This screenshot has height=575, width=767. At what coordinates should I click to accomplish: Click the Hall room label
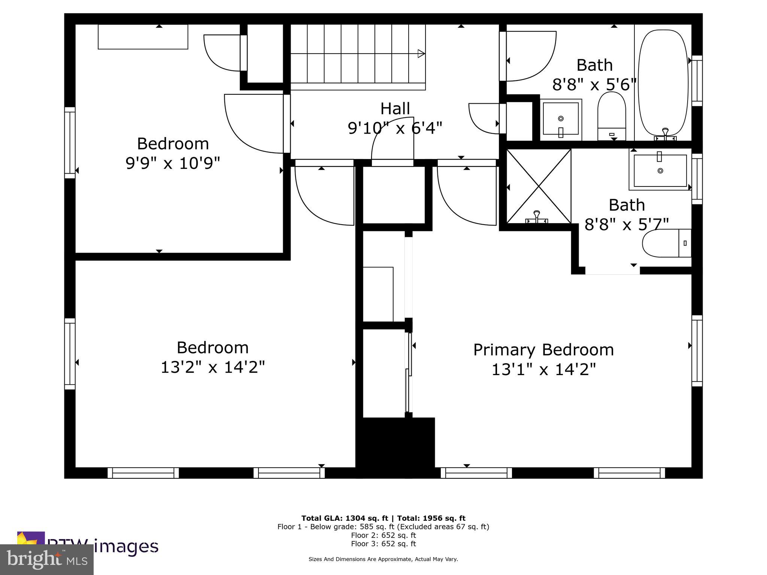(395, 109)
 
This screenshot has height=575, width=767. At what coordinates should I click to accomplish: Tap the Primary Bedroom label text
(543, 350)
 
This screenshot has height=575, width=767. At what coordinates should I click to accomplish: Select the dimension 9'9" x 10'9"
(173, 163)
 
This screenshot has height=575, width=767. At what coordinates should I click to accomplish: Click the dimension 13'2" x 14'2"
(213, 367)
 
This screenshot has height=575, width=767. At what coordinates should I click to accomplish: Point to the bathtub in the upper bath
(663, 82)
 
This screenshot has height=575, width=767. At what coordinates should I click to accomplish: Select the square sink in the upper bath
(561, 119)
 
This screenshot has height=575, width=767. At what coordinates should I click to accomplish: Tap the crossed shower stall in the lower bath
(539, 186)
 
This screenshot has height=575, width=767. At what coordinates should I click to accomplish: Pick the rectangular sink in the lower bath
(660, 171)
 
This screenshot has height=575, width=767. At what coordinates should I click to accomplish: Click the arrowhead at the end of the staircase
(421, 54)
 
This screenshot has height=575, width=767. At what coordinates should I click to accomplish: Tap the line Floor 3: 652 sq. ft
(383, 544)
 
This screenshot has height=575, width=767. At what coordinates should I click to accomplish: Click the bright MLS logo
(47, 559)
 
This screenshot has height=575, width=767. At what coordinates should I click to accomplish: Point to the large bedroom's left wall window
(70, 354)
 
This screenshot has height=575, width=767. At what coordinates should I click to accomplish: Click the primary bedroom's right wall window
(697, 351)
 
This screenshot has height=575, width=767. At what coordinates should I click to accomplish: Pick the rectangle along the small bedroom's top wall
(143, 37)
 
